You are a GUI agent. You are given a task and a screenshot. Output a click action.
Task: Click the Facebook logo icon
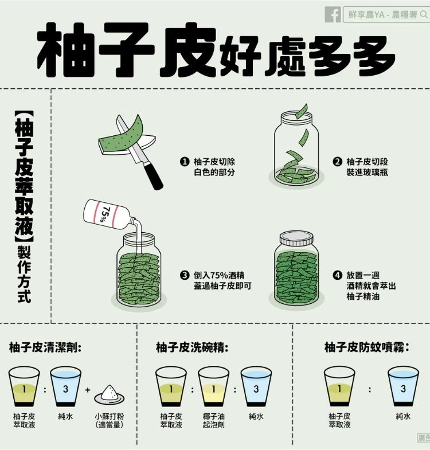pos(333,14)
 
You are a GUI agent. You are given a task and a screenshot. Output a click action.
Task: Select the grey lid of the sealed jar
pos(296,238)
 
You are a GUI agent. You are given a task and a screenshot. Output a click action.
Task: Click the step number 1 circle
pos(185,162)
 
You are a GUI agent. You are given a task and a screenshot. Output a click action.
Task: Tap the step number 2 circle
pos(338,162)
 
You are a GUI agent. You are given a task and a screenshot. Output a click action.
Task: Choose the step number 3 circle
pos(185,275)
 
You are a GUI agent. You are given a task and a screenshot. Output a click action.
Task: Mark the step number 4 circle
pos(338,275)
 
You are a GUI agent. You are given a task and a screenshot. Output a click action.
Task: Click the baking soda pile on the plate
pos(110,392)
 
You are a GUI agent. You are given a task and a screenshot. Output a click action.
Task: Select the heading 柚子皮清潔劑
pos(45,347)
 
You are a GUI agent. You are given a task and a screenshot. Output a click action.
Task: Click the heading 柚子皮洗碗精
pos(192,347)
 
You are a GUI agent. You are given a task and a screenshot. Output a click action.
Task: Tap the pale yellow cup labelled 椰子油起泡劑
pos(213,386)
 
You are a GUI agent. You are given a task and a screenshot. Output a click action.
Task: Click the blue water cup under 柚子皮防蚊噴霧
pos(403,386)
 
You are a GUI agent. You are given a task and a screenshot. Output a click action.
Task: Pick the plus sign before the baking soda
pos(88,390)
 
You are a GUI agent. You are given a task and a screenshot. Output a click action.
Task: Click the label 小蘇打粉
pos(110,416)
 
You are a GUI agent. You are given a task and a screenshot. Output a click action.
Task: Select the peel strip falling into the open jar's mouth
pos(302,111)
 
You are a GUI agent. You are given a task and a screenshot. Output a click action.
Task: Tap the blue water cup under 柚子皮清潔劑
pos(65,386)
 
